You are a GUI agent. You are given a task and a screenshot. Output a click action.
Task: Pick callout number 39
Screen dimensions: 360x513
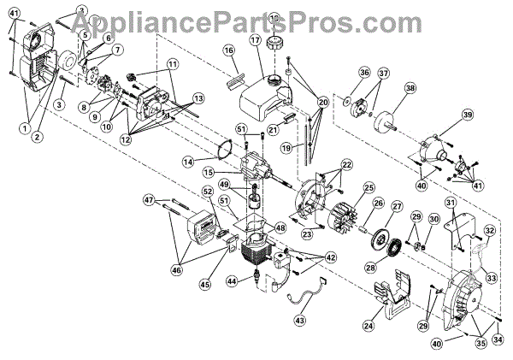point(468,115)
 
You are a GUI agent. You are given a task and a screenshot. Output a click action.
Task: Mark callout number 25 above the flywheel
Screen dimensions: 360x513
point(369,187)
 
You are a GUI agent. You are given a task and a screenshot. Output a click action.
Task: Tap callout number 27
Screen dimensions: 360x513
point(398,206)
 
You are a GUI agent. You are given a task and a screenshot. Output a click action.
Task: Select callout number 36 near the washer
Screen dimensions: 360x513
point(339,72)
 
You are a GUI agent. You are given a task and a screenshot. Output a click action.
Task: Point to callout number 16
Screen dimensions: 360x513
point(229,51)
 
